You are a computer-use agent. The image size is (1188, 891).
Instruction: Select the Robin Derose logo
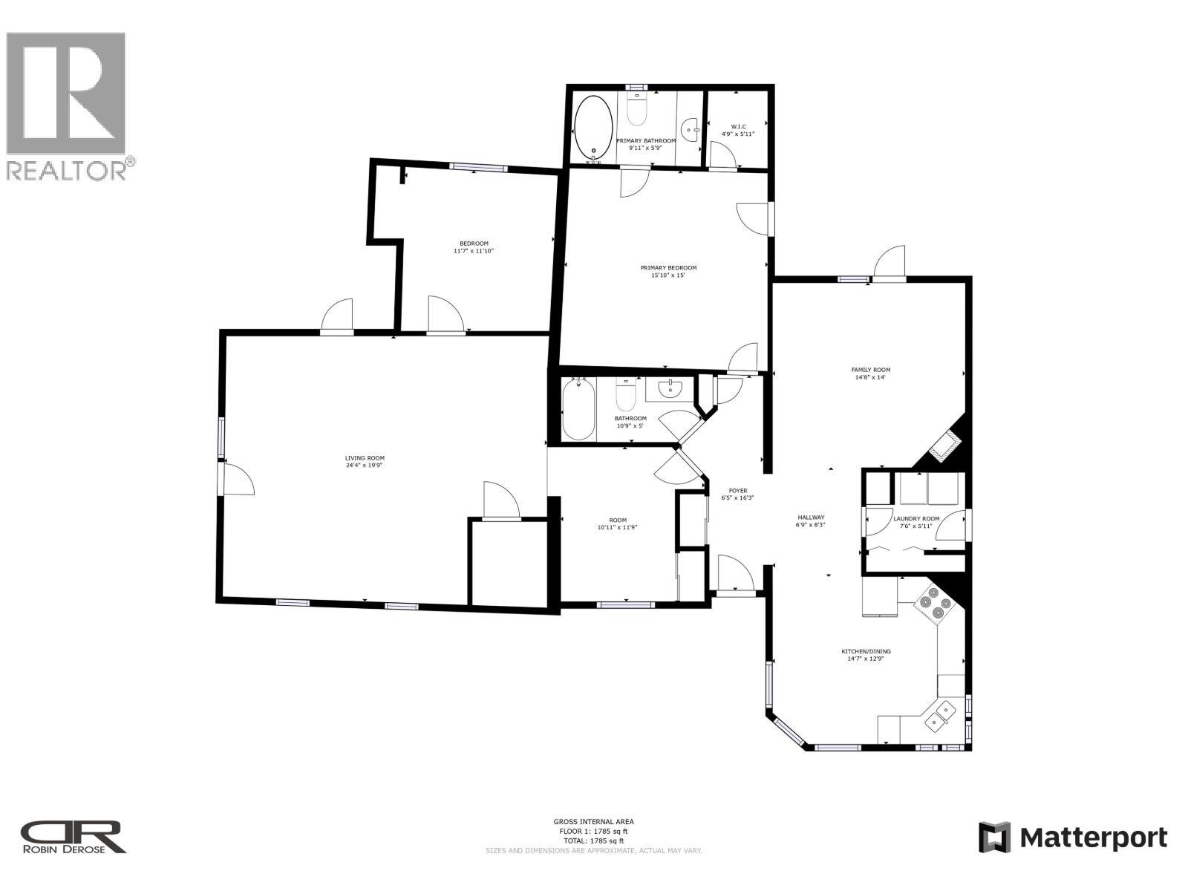(73, 837)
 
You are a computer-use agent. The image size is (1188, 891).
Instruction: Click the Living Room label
(365, 458)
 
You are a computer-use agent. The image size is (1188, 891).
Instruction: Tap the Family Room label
(870, 370)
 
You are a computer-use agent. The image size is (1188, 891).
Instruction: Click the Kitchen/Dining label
(866, 651)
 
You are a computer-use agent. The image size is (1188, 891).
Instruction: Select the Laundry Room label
(916, 519)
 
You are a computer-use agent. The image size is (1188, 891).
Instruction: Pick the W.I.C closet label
(738, 127)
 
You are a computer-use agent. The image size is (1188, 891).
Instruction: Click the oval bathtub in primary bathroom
(594, 128)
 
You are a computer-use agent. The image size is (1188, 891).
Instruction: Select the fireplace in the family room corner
(947, 448)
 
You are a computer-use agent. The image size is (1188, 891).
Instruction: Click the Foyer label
(737, 491)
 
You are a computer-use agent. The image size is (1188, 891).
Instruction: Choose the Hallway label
(811, 518)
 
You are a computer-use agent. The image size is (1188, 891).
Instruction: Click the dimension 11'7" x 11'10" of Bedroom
(474, 251)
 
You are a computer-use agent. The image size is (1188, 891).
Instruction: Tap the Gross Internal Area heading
(593, 821)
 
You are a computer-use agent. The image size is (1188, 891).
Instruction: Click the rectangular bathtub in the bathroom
(578, 411)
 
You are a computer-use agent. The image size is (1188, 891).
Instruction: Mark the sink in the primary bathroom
(691, 128)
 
